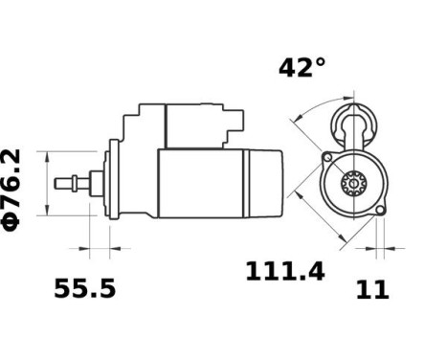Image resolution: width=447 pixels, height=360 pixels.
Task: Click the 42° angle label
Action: point(302,68)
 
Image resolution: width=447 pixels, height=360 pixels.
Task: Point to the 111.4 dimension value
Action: point(285,272)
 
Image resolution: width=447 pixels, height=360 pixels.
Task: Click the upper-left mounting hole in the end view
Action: point(327,155)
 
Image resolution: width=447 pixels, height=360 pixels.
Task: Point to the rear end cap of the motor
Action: point(270,182)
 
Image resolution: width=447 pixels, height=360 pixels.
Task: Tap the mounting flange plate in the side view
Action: point(115,182)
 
